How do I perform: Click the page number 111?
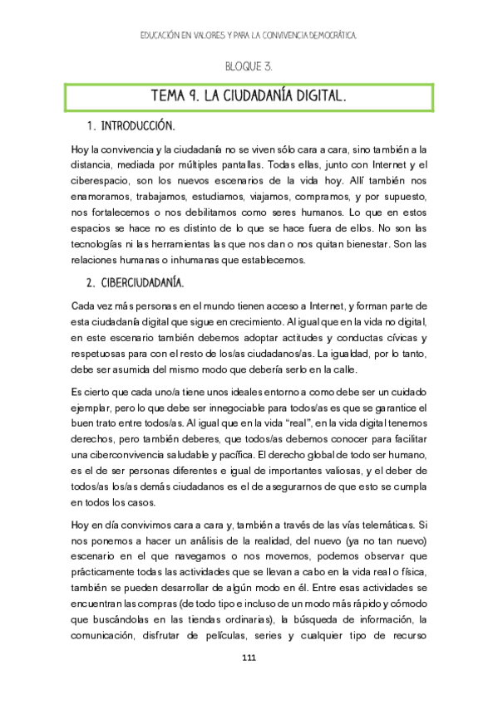click(248, 659)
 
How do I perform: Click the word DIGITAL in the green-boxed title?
click(316, 97)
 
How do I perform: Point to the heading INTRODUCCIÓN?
click(137, 128)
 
